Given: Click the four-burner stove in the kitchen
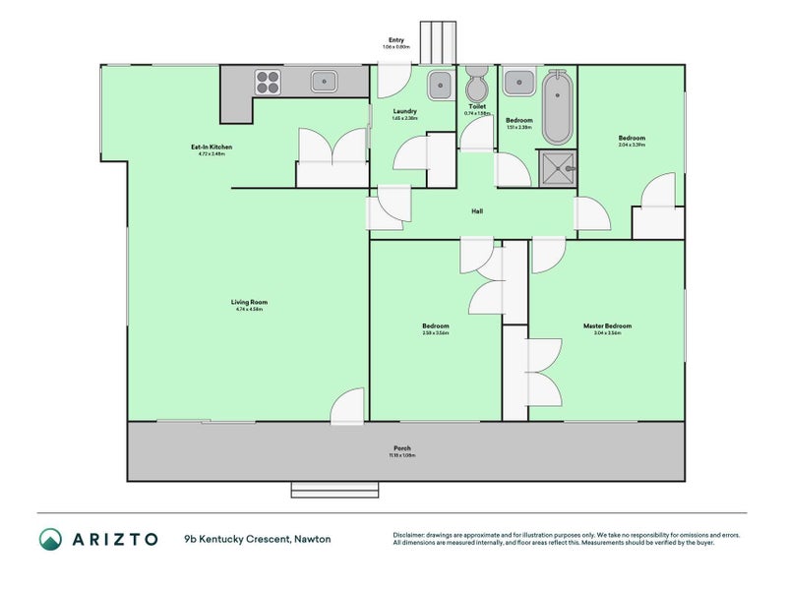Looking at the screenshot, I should pyautogui.click(x=269, y=81).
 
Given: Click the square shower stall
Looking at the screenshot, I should pyautogui.click(x=557, y=166).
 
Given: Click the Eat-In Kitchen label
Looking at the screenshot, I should pyautogui.click(x=211, y=147).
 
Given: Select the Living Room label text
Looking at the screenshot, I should pyautogui.click(x=250, y=302).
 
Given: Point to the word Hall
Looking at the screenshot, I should pyautogui.click(x=477, y=210).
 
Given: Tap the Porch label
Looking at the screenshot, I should pyautogui.click(x=403, y=448).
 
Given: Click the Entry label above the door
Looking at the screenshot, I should pyautogui.click(x=395, y=40).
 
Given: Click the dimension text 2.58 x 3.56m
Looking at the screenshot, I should pyautogui.click(x=436, y=333).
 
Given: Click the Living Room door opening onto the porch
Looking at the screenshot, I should pyautogui.click(x=346, y=409).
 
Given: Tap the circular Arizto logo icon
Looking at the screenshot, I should pyautogui.click(x=50, y=539).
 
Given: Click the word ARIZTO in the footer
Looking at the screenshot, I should pyautogui.click(x=111, y=539).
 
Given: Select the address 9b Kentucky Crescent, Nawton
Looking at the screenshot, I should pyautogui.click(x=257, y=539).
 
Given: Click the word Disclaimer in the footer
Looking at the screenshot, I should pyautogui.click(x=412, y=535).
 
